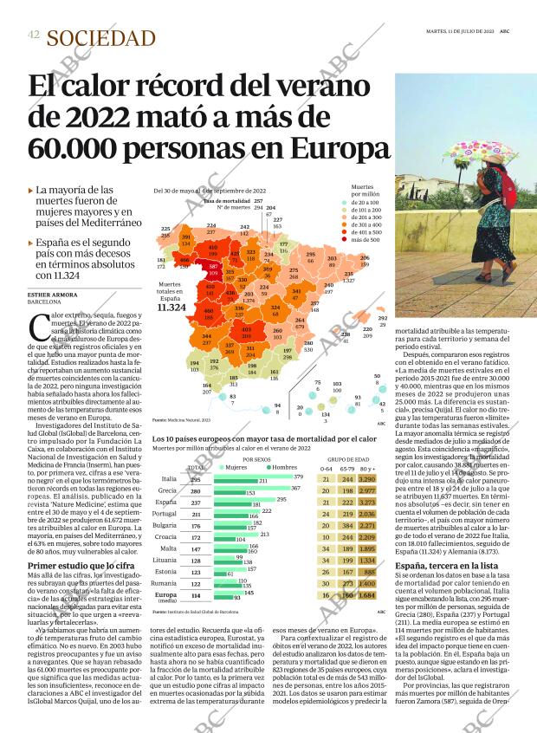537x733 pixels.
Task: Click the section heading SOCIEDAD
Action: (x=101, y=37)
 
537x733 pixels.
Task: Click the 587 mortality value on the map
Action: (x=213, y=266)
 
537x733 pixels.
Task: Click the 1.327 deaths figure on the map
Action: (x=349, y=281)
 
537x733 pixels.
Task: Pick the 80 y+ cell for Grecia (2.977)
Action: (x=366, y=490)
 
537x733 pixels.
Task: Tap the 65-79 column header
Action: (x=346, y=469)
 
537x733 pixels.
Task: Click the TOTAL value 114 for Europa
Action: (x=196, y=595)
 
